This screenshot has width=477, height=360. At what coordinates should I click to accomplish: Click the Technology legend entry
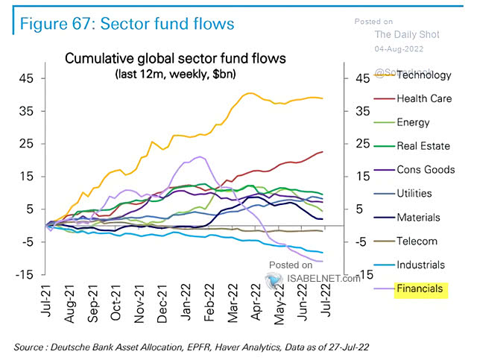[424, 75]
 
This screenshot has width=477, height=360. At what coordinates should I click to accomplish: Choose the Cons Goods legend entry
[426, 170]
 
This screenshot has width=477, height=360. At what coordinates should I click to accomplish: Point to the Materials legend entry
[420, 218]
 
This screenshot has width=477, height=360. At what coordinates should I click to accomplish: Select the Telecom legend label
[417, 241]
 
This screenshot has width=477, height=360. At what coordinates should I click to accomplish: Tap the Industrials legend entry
[421, 265]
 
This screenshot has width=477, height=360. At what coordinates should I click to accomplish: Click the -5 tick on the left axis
[25, 241]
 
